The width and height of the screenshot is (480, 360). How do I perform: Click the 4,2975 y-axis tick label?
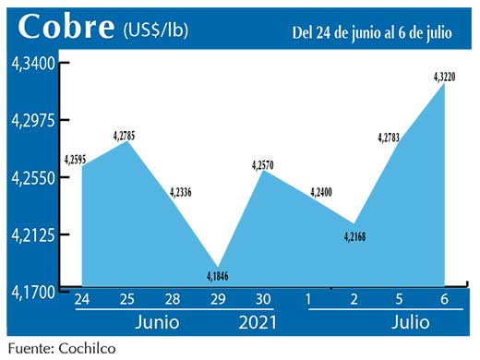click(33, 120)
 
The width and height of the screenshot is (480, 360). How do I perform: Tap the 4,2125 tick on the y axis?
click(33, 234)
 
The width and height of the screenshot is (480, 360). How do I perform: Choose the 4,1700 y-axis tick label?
click(33, 293)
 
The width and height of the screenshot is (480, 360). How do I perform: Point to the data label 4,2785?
click(126, 137)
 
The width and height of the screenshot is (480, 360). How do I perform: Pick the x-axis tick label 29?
click(219, 299)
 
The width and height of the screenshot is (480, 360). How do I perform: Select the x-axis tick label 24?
click(82, 299)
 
